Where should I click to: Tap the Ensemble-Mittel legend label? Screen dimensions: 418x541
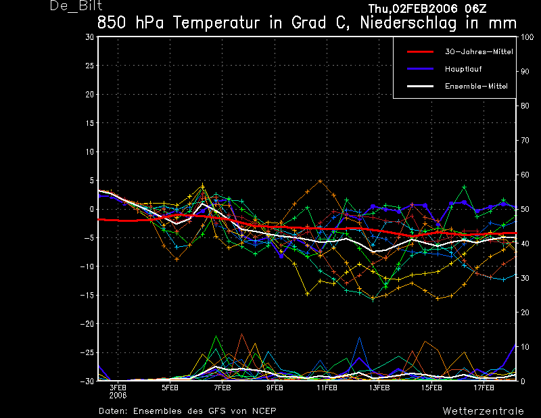point(475,86)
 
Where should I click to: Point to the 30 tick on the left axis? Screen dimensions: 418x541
point(89,37)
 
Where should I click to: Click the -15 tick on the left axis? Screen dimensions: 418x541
point(87,295)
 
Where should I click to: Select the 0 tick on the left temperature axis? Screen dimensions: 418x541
point(91,209)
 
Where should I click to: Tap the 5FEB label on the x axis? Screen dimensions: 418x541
point(170,388)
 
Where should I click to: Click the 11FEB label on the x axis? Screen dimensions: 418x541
point(327,388)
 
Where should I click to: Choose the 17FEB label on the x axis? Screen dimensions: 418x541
point(484,388)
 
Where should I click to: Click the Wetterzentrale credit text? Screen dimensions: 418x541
point(483,411)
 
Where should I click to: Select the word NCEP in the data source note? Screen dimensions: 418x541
point(262,411)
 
